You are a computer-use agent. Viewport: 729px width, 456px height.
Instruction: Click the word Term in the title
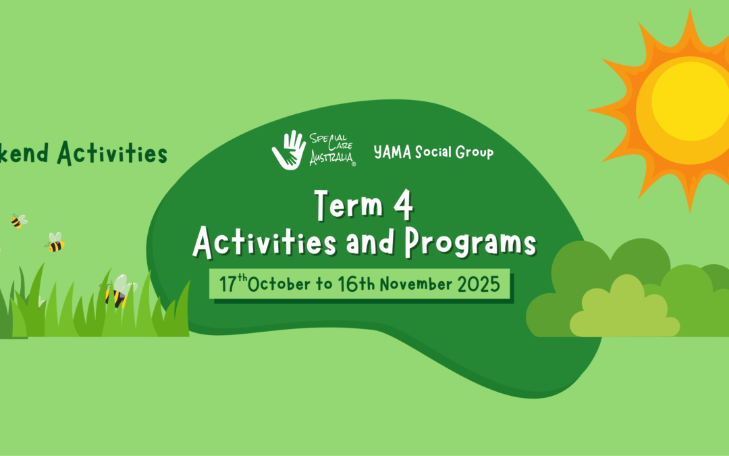click(x=348, y=204)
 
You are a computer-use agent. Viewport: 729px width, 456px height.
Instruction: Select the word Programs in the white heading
click(x=470, y=243)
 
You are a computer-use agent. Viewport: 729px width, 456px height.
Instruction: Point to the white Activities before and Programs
click(x=265, y=243)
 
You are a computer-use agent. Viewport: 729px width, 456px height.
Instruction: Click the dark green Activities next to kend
click(x=112, y=153)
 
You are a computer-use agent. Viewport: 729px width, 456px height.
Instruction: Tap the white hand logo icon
click(x=289, y=150)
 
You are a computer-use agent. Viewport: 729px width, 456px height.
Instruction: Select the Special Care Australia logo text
click(x=332, y=149)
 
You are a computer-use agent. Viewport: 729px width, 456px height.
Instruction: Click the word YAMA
click(x=392, y=152)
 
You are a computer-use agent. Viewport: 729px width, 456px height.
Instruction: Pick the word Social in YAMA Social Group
click(x=433, y=152)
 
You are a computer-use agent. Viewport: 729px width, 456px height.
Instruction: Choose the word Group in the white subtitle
click(x=475, y=153)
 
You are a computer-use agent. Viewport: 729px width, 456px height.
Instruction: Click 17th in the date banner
click(x=233, y=283)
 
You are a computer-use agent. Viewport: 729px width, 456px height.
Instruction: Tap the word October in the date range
click(x=279, y=284)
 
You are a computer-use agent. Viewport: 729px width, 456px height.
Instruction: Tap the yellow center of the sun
click(x=690, y=101)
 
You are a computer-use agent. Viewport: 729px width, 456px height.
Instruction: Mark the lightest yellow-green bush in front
click(x=624, y=309)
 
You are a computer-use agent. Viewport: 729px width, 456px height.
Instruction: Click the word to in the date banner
click(x=324, y=284)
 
